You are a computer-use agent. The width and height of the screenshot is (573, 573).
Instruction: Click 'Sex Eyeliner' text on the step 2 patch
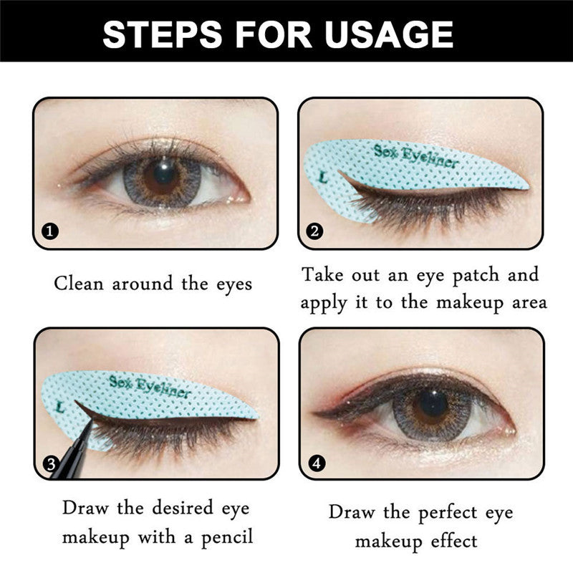(415, 155)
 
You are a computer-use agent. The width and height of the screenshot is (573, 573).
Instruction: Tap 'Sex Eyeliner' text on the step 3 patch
(150, 386)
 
